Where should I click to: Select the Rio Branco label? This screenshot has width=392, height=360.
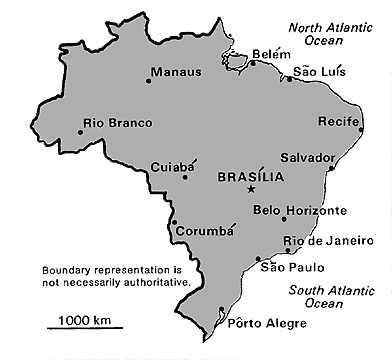[x=118, y=123]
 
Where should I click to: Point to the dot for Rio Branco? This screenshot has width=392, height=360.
[x=80, y=129]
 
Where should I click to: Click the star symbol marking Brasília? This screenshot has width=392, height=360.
[x=251, y=188]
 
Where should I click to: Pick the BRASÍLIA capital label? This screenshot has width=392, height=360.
[x=250, y=176]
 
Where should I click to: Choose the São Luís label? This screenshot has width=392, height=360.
[x=317, y=72]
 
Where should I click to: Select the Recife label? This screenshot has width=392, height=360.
[x=338, y=120]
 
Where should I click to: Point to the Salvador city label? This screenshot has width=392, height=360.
[x=307, y=157]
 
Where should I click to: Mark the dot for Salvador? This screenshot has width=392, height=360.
[x=331, y=167]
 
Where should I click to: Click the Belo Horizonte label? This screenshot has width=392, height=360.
[x=300, y=210]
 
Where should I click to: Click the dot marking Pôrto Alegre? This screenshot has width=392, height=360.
[x=221, y=310]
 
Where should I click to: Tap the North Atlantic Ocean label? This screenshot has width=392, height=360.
[x=332, y=34]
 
